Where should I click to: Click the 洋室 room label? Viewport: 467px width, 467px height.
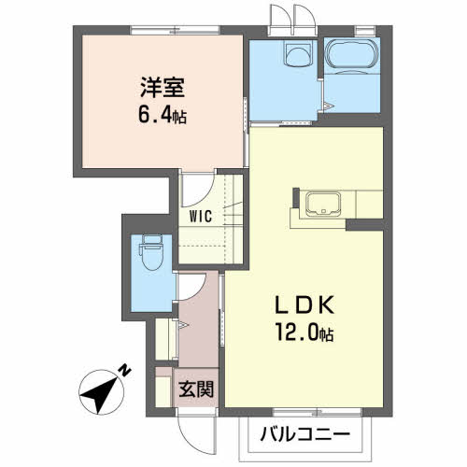coord(163,87)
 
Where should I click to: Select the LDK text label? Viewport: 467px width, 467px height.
coord(304,304)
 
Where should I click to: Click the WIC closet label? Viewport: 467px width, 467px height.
coord(201,217)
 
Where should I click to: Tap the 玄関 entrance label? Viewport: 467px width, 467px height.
coord(196,389)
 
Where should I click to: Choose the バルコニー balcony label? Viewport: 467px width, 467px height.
coord(305,433)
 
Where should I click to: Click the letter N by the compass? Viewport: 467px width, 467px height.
coord(125,370)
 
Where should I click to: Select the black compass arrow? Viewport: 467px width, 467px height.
coord(99,392)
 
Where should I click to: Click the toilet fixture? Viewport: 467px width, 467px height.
coord(151,252)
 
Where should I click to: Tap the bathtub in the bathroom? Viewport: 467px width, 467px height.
coord(351,56)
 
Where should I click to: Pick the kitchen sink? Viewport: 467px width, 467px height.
coord(323,204)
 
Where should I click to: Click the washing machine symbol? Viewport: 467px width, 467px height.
coord(299,54)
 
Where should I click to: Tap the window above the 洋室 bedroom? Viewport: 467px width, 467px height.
coord(175,31)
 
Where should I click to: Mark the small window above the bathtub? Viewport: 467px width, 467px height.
coord(365,31)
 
